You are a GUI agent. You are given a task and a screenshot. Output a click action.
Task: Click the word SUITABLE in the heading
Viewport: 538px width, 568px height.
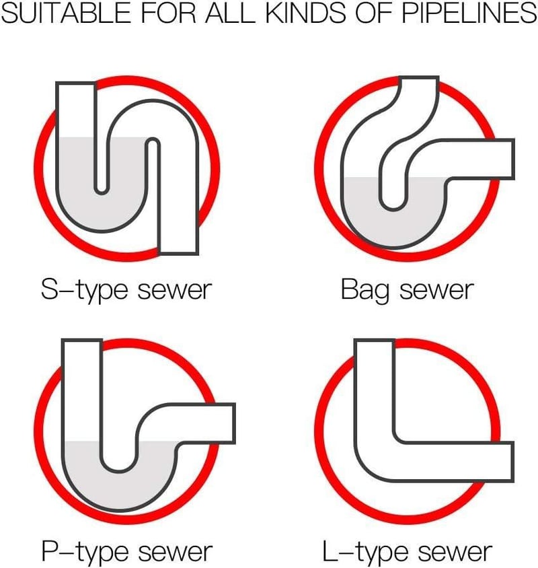[66, 13]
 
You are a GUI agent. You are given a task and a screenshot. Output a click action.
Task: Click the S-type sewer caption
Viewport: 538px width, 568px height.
[126, 290]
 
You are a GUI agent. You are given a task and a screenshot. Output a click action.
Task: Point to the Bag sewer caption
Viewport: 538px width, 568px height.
[407, 290]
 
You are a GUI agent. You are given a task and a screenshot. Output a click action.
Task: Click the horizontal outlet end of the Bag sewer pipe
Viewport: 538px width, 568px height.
[512, 159]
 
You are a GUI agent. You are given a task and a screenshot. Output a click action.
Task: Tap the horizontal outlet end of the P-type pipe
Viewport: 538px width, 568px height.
[233, 423]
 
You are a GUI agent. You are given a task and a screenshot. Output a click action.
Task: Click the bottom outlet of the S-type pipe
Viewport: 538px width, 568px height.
[179, 252]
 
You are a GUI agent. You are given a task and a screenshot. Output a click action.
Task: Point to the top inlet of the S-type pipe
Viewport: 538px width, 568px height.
[76, 84]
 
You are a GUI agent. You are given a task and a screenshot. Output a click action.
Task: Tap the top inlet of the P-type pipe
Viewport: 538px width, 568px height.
[82, 341]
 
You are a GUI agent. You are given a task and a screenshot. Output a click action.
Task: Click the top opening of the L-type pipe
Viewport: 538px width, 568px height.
[374, 341]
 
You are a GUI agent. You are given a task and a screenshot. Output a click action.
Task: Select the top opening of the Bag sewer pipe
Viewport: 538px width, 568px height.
[419, 78]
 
